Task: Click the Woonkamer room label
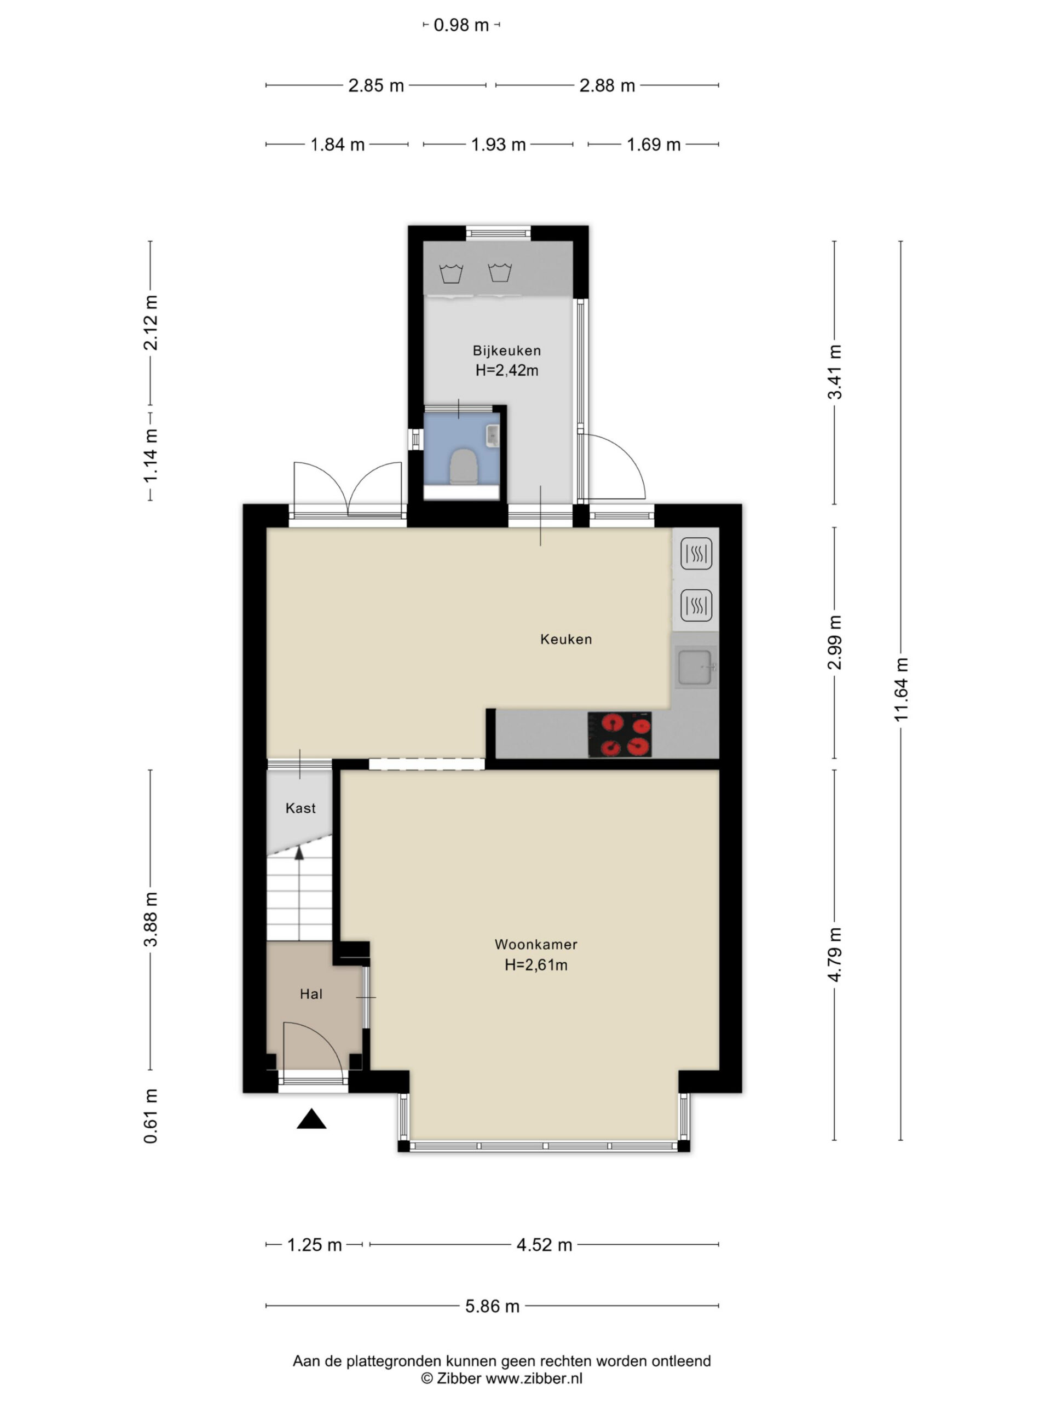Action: pyautogui.click(x=535, y=944)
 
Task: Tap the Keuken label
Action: pyautogui.click(x=565, y=639)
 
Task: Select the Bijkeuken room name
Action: pyautogui.click(x=507, y=350)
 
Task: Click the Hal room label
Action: pyautogui.click(x=311, y=994)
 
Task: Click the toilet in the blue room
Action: pyautogui.click(x=463, y=467)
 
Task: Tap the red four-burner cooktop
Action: pyautogui.click(x=619, y=734)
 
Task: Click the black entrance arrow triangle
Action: pyautogui.click(x=311, y=1119)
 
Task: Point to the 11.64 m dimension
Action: pyautogui.click(x=901, y=689)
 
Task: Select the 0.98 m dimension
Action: pyautogui.click(x=461, y=25)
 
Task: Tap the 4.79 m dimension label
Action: pyautogui.click(x=834, y=955)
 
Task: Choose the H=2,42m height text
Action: pyautogui.click(x=507, y=371)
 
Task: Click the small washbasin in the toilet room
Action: pyautogui.click(x=493, y=435)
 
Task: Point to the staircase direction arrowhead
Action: pyautogui.click(x=299, y=853)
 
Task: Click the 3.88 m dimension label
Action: pyautogui.click(x=151, y=919)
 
